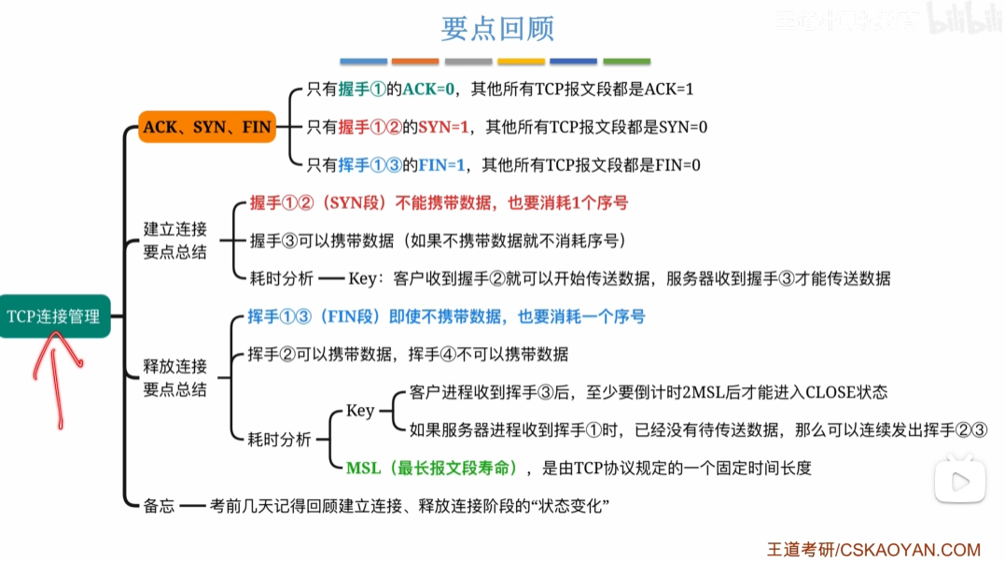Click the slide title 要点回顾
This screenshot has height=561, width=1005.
(497, 28)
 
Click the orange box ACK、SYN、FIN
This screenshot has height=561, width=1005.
(207, 127)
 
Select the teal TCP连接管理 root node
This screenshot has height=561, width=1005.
(54, 316)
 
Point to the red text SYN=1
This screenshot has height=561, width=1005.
(445, 127)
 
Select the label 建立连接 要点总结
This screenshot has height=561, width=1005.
(174, 240)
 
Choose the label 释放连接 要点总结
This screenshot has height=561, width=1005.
(174, 377)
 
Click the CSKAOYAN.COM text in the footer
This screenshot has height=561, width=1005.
(910, 550)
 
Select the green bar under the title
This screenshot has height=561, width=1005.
(627, 62)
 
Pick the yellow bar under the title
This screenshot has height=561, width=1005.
(522, 62)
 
